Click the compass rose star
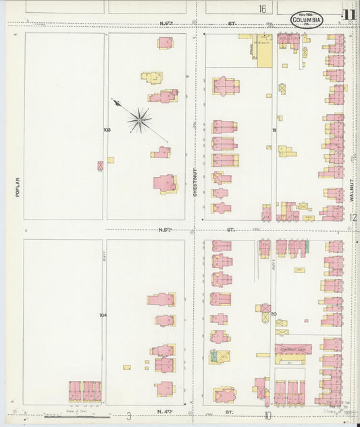coord(139,120)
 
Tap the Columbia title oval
coord(307,20)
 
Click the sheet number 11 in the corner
coord(349,16)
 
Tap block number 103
coord(106,129)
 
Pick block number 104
coord(103,315)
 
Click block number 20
coord(274,313)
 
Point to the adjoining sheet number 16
coord(262,9)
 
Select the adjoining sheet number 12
coord(353,217)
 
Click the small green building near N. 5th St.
coord(306,247)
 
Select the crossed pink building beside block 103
coord(101,164)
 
